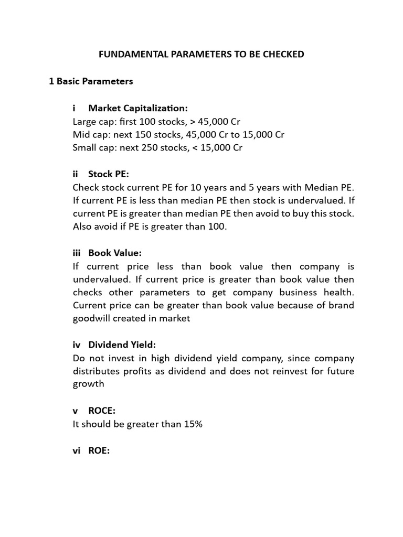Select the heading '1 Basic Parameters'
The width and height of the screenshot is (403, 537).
(91, 81)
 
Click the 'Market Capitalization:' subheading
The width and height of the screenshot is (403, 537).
(137, 108)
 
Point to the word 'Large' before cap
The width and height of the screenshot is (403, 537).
(85, 122)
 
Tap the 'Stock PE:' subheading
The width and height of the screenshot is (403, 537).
(108, 175)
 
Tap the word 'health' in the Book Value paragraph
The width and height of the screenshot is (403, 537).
(340, 293)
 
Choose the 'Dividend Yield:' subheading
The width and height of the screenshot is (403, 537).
(122, 345)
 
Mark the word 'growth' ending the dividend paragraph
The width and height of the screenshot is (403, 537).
(88, 384)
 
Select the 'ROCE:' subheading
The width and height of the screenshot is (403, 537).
(102, 411)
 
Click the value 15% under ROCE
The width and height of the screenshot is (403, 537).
(193, 424)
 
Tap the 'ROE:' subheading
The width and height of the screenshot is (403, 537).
(99, 450)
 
